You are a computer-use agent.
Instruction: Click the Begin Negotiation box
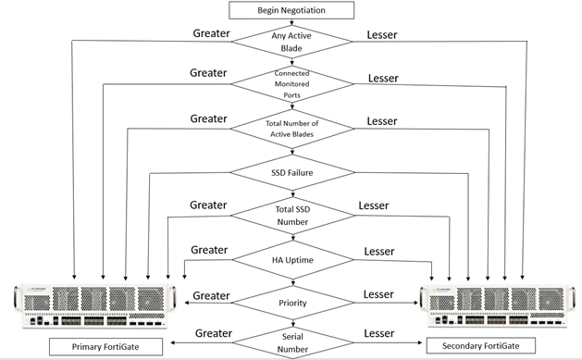pyautogui.click(x=291, y=10)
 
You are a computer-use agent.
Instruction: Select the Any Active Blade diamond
pyautogui.click(x=291, y=42)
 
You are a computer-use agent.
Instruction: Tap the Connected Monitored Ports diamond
pyautogui.click(x=292, y=84)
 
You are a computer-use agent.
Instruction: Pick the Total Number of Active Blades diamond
pyautogui.click(x=292, y=129)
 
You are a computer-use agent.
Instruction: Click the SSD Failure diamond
pyautogui.click(x=292, y=172)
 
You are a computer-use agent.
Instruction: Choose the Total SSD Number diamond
pyautogui.click(x=292, y=216)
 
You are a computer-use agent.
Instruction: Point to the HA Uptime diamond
pyautogui.click(x=293, y=260)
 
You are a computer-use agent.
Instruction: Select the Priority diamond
pyautogui.click(x=293, y=303)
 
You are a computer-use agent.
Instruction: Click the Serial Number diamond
pyautogui.click(x=293, y=343)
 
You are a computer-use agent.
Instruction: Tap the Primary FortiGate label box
pyautogui.click(x=105, y=347)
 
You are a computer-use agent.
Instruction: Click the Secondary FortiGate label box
pyautogui.click(x=481, y=345)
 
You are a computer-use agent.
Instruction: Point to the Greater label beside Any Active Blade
pyautogui.click(x=211, y=33)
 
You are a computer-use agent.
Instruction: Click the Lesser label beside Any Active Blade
pyautogui.click(x=382, y=35)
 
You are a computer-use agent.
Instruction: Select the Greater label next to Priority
pyautogui.click(x=211, y=296)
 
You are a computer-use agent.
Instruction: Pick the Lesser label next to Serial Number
pyautogui.click(x=379, y=333)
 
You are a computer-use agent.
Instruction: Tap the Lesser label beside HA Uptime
pyautogui.click(x=379, y=251)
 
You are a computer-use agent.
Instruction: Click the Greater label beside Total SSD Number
pyautogui.click(x=208, y=205)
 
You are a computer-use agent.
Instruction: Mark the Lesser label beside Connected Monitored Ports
pyautogui.click(x=383, y=79)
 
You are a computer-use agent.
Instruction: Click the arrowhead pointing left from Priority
pyautogui.click(x=187, y=303)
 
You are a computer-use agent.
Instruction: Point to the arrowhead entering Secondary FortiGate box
pyautogui.click(x=420, y=342)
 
